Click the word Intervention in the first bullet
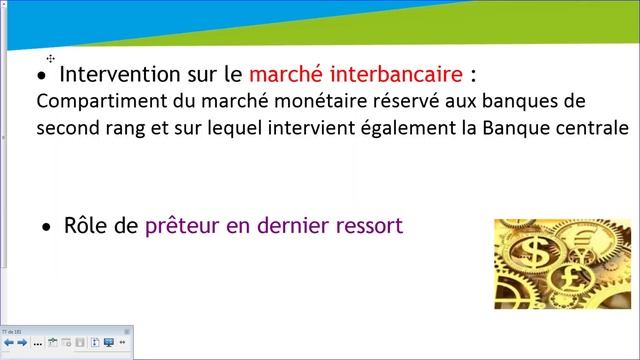[113, 74]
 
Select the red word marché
[283, 74]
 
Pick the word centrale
[590, 129]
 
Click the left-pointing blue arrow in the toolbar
[9, 343]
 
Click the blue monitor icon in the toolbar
[108, 343]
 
